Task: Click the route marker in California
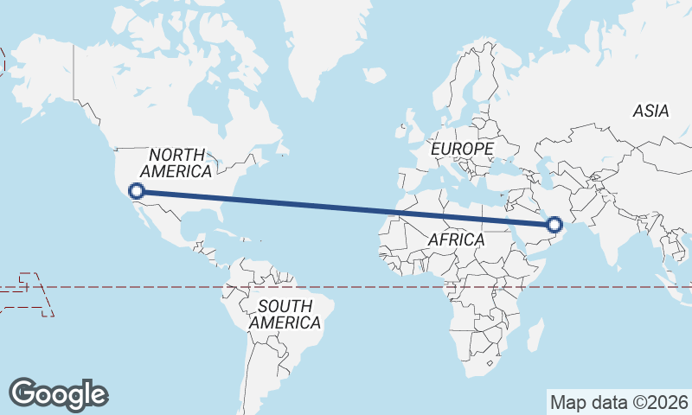pos(136,191)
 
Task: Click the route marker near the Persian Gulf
pos(554,226)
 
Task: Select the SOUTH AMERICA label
pos(285,314)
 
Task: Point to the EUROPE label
pos(462,150)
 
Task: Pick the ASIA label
pos(650,111)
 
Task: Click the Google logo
pos(59,393)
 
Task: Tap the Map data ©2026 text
pos(618,402)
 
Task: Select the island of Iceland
pos(375,76)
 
